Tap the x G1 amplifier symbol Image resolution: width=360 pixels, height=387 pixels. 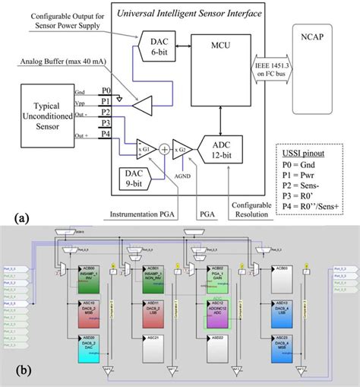tap(144, 149)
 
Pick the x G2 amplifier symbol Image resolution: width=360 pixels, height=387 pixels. tap(181, 149)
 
